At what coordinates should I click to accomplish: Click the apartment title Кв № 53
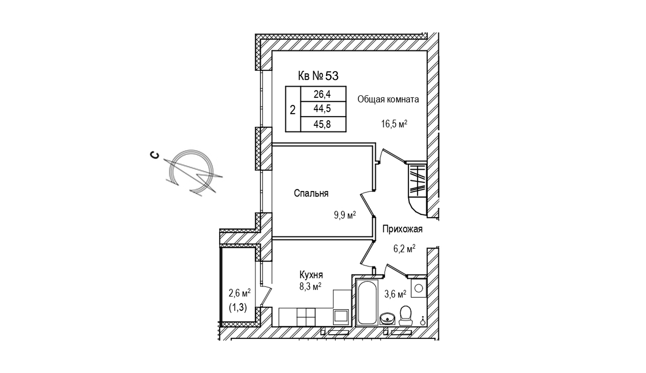(318, 76)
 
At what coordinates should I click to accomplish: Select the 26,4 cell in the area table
(323, 94)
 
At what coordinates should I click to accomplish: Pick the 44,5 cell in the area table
(323, 109)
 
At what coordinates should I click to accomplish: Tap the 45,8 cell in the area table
(323, 124)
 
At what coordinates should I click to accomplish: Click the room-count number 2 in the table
(293, 110)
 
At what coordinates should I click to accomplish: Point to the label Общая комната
(388, 99)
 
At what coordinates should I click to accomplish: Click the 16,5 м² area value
(394, 123)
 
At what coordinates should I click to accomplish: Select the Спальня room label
(311, 193)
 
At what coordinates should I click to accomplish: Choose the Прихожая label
(402, 229)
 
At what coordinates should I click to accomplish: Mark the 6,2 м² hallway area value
(404, 249)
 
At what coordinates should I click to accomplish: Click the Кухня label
(311, 275)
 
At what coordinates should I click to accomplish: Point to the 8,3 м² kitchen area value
(310, 286)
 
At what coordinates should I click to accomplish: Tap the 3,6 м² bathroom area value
(395, 294)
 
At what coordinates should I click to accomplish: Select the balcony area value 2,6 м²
(240, 293)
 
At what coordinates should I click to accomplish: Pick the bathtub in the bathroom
(367, 302)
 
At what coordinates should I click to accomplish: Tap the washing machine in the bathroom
(418, 287)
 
